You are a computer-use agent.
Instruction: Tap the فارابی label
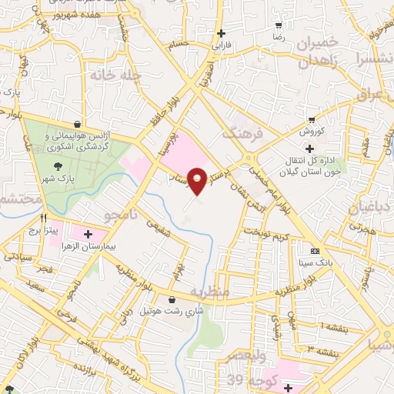click(x=222, y=45)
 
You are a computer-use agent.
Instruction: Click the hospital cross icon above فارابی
click(x=222, y=33)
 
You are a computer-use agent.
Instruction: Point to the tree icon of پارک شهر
click(x=58, y=165)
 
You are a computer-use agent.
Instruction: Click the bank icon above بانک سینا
click(x=315, y=252)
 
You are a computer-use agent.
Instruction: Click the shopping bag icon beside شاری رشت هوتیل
click(x=171, y=300)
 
